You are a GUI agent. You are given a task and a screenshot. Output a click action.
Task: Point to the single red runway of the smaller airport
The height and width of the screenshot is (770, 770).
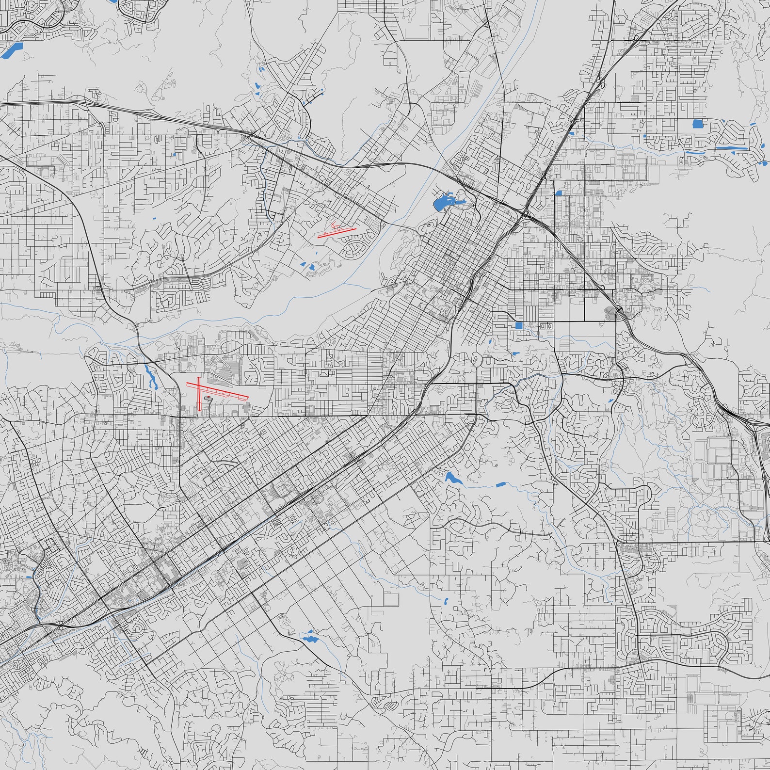[337, 233]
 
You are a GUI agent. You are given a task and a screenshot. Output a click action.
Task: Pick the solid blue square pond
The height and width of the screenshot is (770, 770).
[519, 326]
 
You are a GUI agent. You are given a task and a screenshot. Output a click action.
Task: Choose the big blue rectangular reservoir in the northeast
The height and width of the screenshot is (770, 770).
[698, 124]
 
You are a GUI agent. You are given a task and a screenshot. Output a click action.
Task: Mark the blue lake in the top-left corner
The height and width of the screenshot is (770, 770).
[12, 48]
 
